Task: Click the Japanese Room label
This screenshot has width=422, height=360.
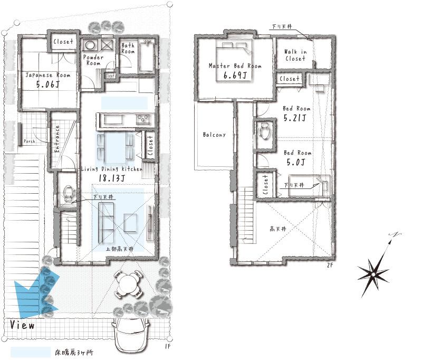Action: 48,75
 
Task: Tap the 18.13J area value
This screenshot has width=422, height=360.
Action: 112,178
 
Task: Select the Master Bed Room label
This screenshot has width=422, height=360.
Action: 235,66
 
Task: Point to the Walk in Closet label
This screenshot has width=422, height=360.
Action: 295,55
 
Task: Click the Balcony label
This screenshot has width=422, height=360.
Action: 214,135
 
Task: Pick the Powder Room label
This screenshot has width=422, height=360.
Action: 93,60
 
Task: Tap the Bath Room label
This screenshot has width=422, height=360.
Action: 128,49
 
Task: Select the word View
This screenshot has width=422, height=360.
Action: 22,325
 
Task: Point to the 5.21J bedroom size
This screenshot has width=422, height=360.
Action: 295,118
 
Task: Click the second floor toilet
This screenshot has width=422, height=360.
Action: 264,130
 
